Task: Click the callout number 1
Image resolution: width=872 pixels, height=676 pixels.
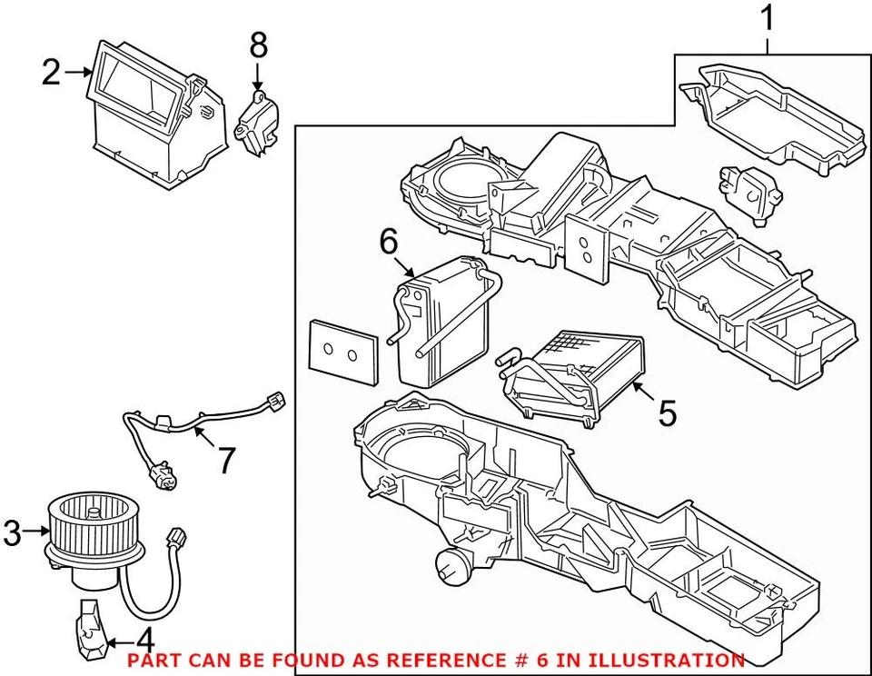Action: coord(768,18)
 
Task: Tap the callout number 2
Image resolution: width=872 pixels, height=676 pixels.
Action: coord(52,72)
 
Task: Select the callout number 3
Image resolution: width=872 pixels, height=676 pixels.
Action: coord(12,533)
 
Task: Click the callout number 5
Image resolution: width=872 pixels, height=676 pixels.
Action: coord(667,413)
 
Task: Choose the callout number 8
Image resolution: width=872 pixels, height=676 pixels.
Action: coord(259,43)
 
